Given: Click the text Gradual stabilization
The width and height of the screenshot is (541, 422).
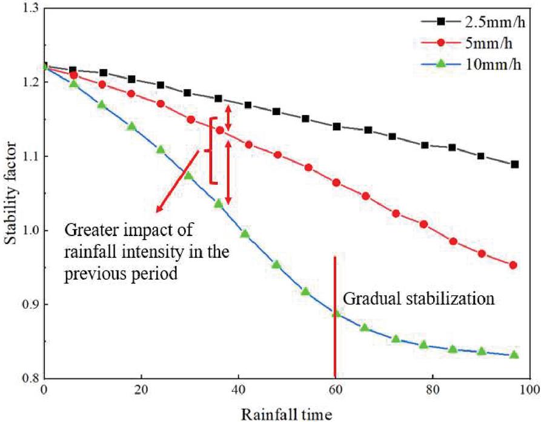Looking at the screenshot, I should (420, 299).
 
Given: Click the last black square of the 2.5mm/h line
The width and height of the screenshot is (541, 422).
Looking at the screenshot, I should (514, 164).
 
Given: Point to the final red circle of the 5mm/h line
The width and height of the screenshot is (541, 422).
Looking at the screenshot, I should (513, 265).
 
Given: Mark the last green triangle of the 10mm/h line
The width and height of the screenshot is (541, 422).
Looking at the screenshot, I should (514, 354).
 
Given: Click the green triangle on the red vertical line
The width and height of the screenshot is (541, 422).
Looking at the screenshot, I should (336, 313).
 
